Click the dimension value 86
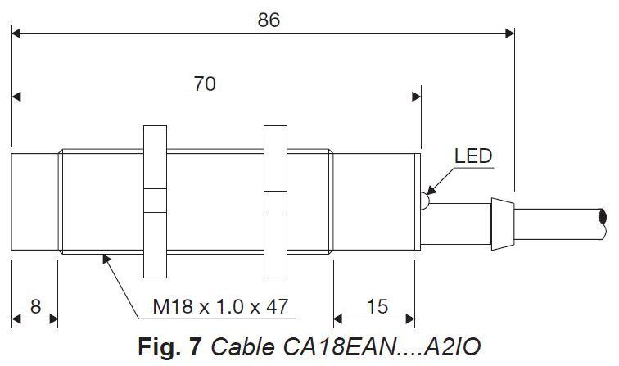pos(269,20)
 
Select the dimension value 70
pos(205,84)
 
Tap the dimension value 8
pos(35,306)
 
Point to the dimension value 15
pos(377,306)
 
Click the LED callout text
pos(473,156)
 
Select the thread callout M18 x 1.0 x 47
pos(220,306)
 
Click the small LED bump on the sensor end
pos(425,201)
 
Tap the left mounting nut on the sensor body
pos(155,201)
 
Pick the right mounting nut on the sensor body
pos(276,201)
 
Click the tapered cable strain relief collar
pos(503,224)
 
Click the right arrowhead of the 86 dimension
pos(509,34)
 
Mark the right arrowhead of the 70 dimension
pos(416,97)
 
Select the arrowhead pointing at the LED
pos(431,189)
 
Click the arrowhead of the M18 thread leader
pos(106,259)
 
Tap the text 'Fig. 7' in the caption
pos(169,346)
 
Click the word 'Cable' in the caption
pos(243,346)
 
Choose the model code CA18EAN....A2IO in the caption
pos(382,346)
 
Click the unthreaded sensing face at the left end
pos(34,201)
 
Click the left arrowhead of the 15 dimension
pos(338,319)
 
